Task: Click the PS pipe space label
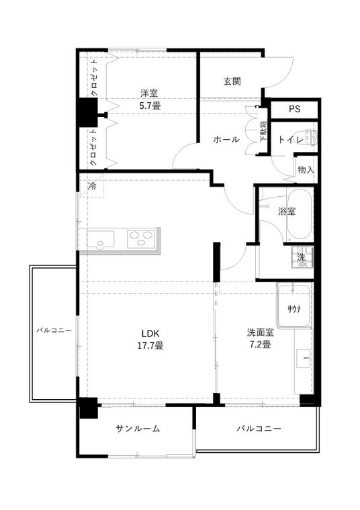pos(294,109)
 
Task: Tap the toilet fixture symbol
pos(310,136)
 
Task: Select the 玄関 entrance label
pos(232,81)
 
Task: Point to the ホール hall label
pos(226,140)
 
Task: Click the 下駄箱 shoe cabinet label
pos(263,132)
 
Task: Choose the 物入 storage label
pos(306,169)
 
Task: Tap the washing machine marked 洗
pos(302,257)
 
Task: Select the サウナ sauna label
pos(294,309)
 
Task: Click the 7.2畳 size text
pos(260,345)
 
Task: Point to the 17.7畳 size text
pos(150,345)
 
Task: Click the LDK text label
pos(150,333)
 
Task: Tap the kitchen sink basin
pos(100,240)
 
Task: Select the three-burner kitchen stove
pos(141,239)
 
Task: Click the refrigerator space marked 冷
pos(93,186)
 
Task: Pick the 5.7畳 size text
pos(150,105)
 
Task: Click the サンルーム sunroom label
pos(138,429)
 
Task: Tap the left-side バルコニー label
pos(54,331)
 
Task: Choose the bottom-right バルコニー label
pos(259,429)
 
